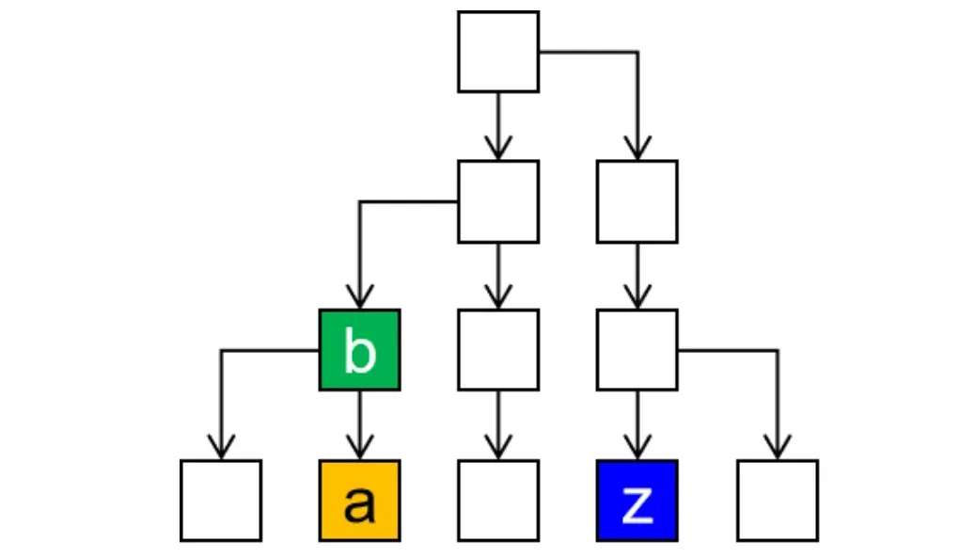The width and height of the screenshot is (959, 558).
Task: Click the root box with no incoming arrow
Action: tap(498, 52)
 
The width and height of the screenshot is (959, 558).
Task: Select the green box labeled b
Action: tap(360, 350)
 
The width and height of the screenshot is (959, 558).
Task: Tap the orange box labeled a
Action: tap(360, 501)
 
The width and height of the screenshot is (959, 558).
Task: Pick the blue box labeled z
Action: tap(637, 501)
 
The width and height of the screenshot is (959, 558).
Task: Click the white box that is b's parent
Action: tap(498, 201)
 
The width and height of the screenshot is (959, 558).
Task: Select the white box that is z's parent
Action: tap(637, 350)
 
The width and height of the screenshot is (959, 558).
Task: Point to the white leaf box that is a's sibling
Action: tap(221, 501)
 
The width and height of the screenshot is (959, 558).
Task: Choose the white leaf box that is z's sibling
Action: tap(778, 501)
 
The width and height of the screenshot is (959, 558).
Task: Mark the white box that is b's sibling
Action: tap(498, 350)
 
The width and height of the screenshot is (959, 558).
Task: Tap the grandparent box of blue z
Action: tap(637, 201)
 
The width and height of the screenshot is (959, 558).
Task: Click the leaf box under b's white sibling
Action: tap(498, 501)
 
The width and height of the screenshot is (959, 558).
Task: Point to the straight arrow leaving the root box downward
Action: tap(498, 126)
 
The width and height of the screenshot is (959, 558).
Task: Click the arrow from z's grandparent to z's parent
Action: tap(637, 276)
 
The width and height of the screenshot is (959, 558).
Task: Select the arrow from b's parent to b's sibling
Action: tap(498, 276)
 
